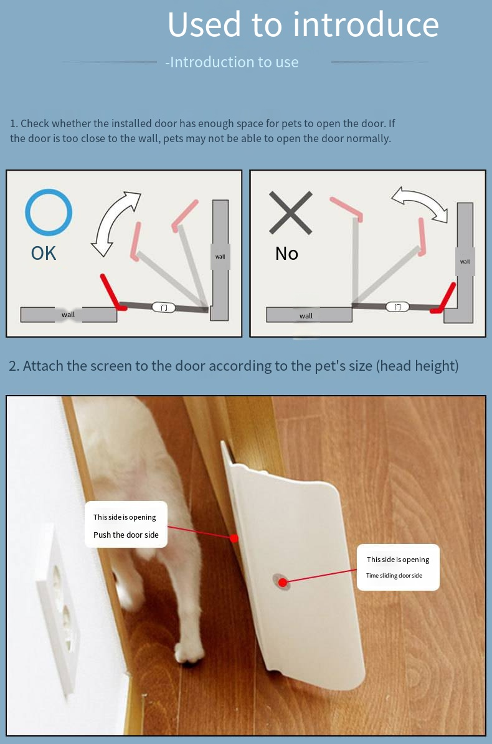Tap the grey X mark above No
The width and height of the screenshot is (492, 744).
pos(290,212)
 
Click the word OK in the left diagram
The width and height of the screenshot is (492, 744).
pos(44,254)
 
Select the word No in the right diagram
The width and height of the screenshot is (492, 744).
pos(286,254)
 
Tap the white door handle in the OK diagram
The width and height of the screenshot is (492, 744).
pos(164,307)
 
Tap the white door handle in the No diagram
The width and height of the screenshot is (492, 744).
pos(397,307)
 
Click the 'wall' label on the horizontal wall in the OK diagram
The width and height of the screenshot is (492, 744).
pos(69,315)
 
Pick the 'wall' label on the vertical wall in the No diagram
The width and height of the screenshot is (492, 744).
pos(465,262)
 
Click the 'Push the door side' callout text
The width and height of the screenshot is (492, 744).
pos(126,535)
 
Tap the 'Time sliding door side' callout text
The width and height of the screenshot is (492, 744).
pos(394,576)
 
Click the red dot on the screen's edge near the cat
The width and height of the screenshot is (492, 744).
pos(234,538)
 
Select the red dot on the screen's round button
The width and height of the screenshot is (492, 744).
pos(283,582)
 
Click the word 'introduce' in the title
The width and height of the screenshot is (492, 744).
pos(366,25)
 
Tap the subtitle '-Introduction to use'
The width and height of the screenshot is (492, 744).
pos(232,62)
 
